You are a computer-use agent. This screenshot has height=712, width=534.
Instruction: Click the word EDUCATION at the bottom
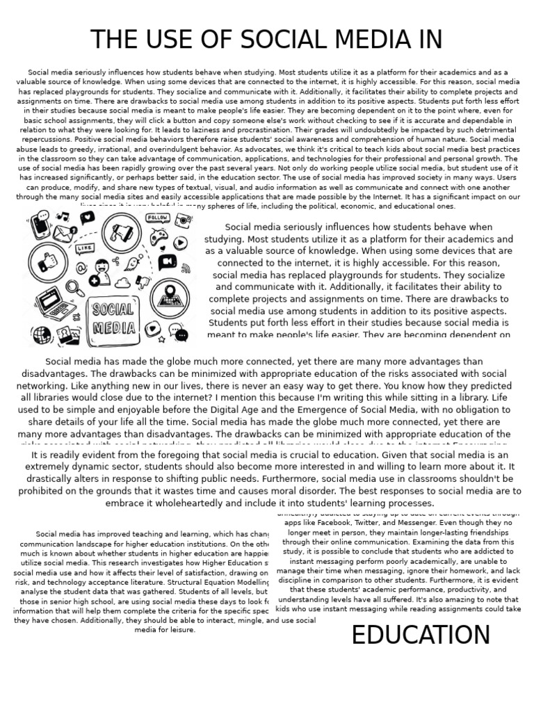421,635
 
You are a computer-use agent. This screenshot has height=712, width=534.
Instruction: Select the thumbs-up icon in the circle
48,261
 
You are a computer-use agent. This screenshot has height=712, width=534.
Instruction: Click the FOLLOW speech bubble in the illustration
156,218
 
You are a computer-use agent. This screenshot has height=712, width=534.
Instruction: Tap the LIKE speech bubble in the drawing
86,248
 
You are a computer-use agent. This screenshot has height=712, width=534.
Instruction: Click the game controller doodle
159,237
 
